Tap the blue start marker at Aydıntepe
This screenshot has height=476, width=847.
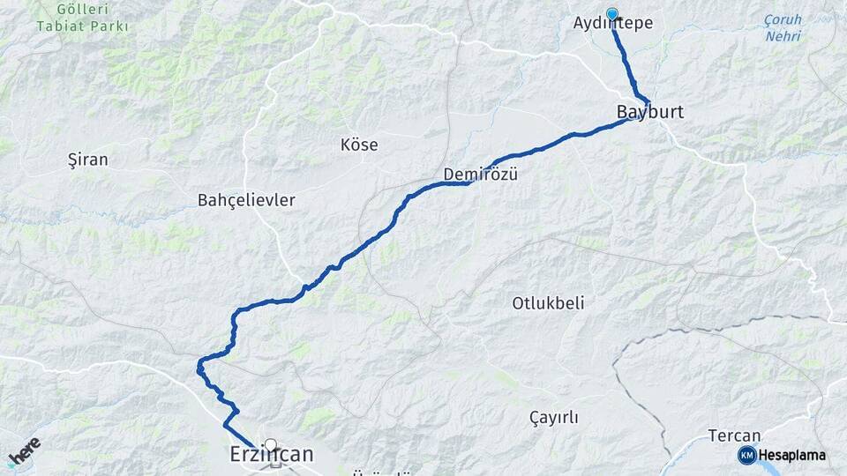(612, 14)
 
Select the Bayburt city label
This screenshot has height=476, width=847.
(650, 113)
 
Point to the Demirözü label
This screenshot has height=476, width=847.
(480, 174)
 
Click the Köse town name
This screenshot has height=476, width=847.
(359, 145)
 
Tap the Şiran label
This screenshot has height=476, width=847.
(87, 160)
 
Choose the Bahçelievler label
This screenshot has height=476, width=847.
(246, 200)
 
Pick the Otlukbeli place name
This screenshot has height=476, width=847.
(548, 303)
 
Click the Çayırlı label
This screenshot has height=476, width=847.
(553, 418)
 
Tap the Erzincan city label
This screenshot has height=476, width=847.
(271, 455)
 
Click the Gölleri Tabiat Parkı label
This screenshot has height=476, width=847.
(83, 18)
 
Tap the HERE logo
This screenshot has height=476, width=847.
(24, 451)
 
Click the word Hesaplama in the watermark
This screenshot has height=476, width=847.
(792, 456)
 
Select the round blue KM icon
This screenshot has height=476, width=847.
(746, 456)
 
